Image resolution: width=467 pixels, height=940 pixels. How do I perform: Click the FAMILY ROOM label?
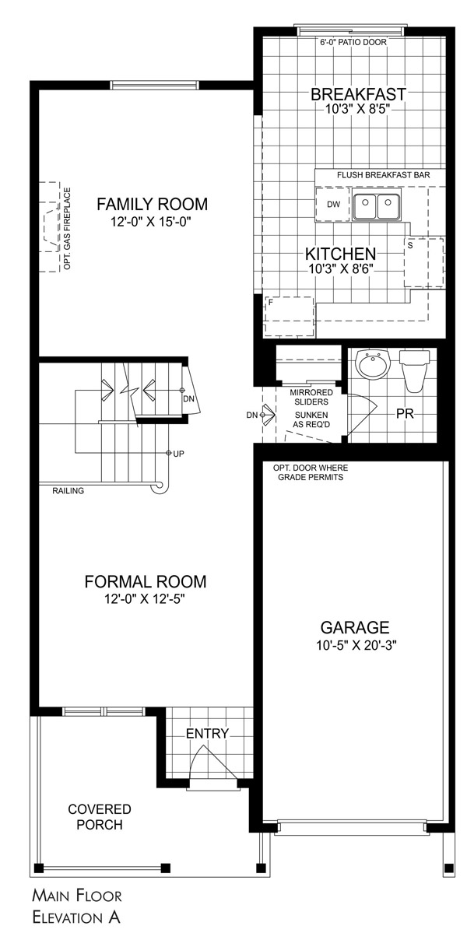(x=152, y=205)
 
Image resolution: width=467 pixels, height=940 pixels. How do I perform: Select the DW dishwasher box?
(x=333, y=205)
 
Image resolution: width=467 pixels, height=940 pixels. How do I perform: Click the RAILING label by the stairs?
(x=69, y=491)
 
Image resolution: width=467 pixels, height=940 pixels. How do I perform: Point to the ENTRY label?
(x=207, y=734)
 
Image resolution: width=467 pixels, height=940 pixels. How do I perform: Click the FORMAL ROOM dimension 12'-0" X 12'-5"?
(x=145, y=599)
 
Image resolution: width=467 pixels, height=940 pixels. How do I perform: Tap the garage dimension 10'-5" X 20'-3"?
(x=355, y=645)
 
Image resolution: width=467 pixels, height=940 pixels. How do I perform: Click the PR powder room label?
(x=404, y=414)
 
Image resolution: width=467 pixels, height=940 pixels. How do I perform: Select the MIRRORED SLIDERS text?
(x=311, y=398)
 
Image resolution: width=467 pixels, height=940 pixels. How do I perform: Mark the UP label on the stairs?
(x=178, y=453)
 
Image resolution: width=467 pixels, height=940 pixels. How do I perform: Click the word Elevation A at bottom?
(x=75, y=918)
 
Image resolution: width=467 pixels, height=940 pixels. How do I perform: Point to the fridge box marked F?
(x=289, y=316)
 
